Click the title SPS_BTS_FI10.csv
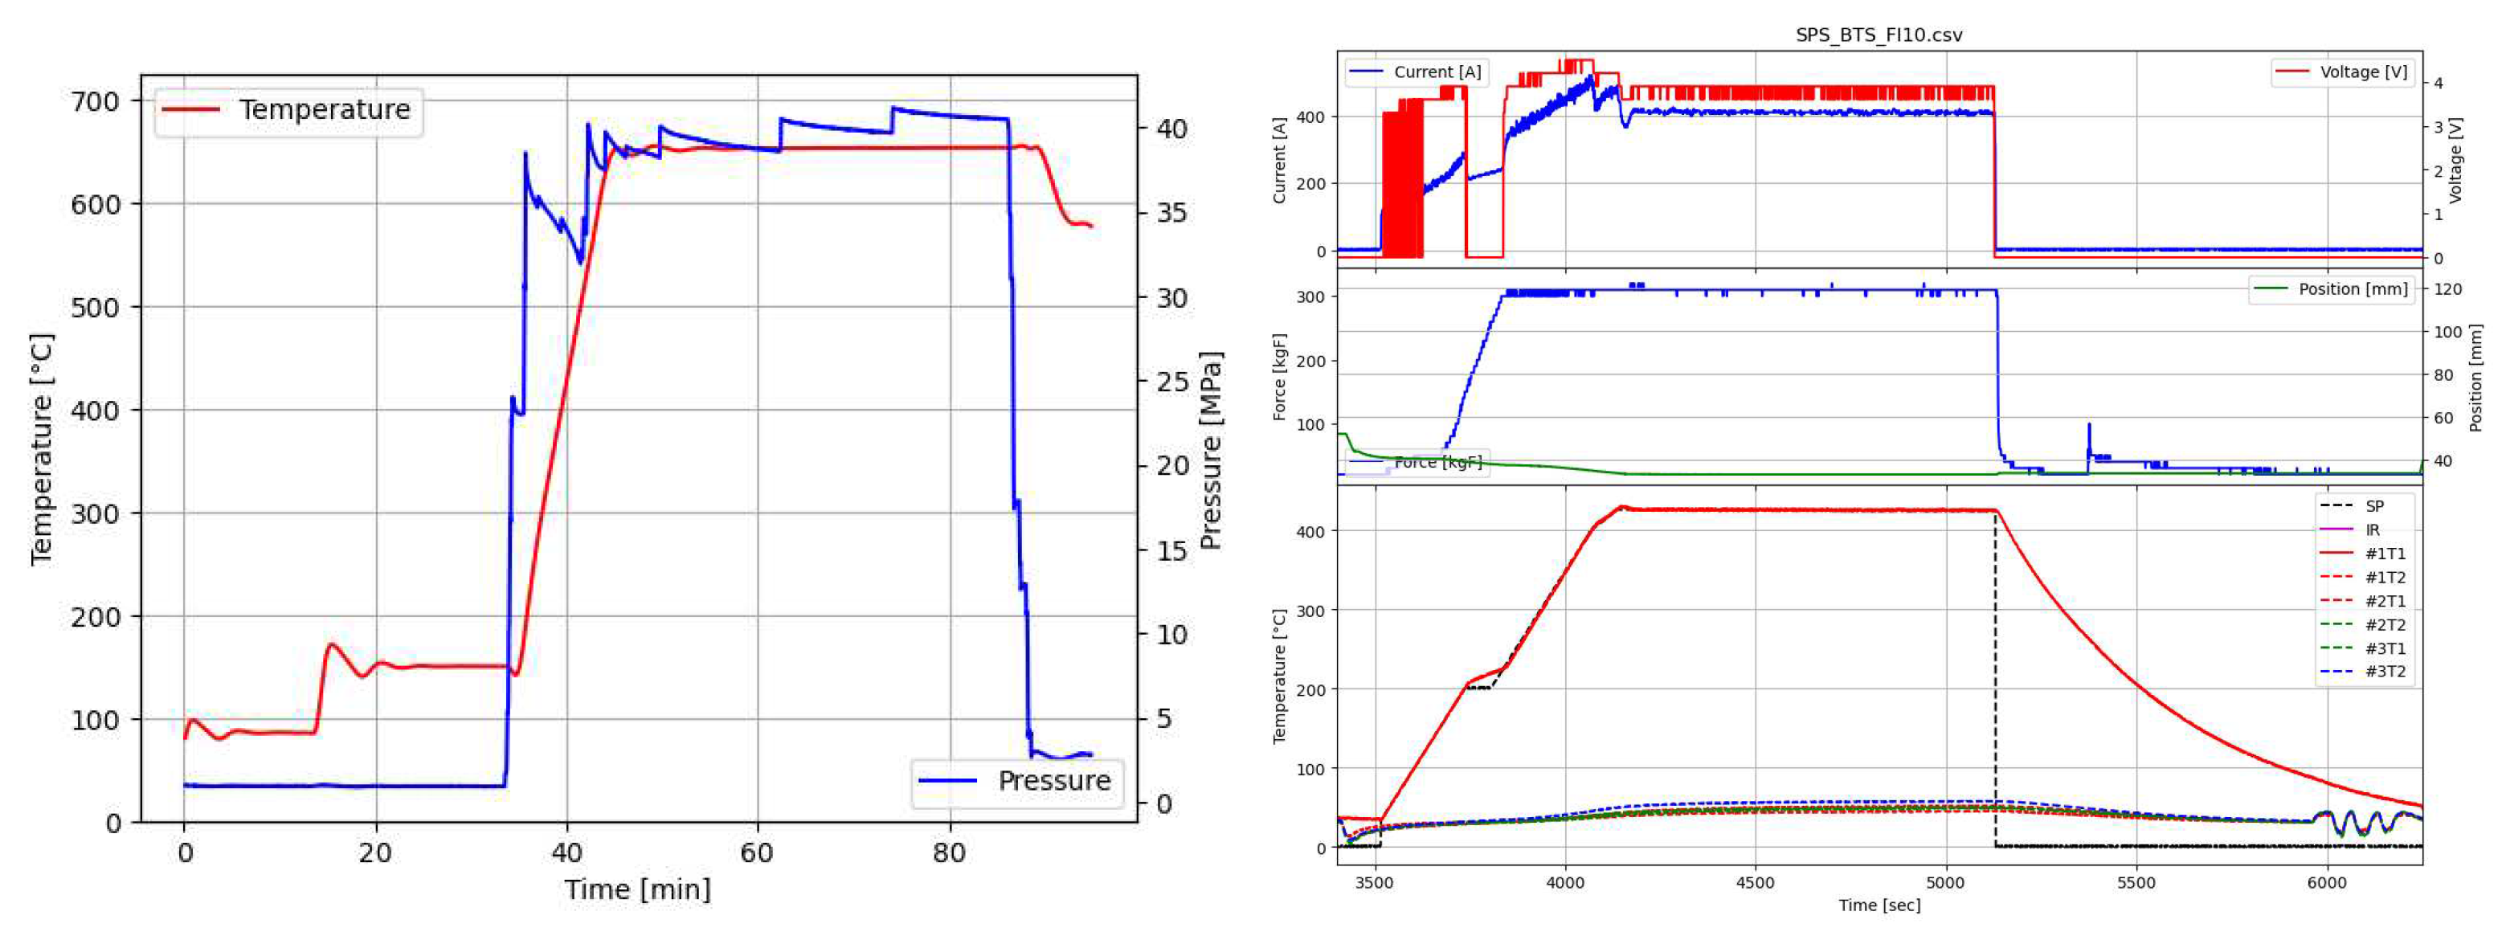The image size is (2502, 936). (x=1879, y=35)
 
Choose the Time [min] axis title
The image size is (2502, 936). (x=638, y=889)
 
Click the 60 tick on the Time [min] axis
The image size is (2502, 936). (x=758, y=853)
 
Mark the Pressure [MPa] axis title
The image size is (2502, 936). (x=1211, y=451)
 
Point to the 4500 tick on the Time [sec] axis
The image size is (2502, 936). (x=1754, y=883)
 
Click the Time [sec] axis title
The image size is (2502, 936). (x=1879, y=905)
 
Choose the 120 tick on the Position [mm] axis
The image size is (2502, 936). (x=2447, y=289)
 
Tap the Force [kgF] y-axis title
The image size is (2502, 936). (x=1280, y=377)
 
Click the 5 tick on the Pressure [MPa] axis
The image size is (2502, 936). (x=1163, y=720)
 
